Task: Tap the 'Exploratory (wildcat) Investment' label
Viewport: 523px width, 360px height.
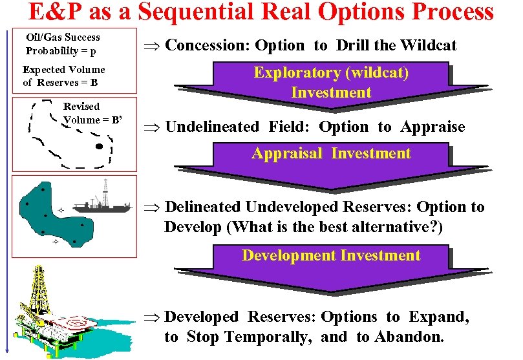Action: (331, 82)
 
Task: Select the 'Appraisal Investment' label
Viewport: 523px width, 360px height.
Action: (331, 153)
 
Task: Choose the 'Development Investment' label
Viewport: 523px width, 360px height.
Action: (331, 255)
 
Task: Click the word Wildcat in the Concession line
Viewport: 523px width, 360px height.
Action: (428, 45)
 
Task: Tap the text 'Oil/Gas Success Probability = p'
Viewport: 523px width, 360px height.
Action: (63, 44)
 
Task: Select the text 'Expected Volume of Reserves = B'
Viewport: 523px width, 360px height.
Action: (63, 76)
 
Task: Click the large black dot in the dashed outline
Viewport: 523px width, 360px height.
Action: (99, 147)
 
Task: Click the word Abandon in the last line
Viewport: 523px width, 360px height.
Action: (409, 337)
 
